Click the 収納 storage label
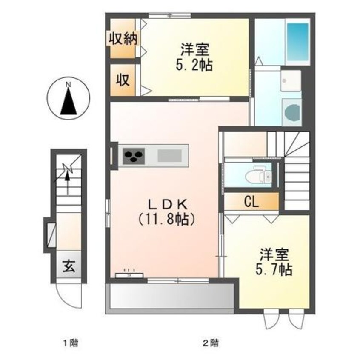pyautogui.click(x=123, y=39)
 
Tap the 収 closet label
pyautogui.click(x=123, y=80)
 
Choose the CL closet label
pyautogui.click(x=251, y=202)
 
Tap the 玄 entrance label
pyautogui.click(x=69, y=266)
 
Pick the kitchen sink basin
pyautogui.click(x=169, y=155)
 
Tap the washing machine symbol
pyautogui.click(x=291, y=112)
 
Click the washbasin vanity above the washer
pyautogui.click(x=291, y=80)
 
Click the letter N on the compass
pyautogui.click(x=68, y=85)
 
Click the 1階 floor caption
pyautogui.click(x=71, y=343)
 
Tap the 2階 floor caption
pyautogui.click(x=211, y=343)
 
